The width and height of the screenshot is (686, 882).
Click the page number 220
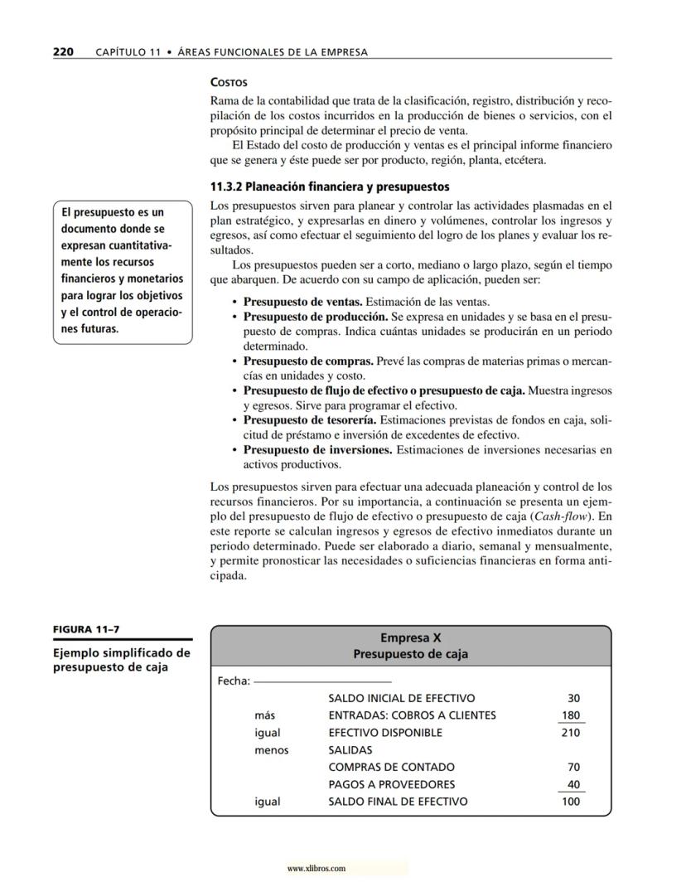(x=63, y=52)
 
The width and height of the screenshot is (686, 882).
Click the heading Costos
(x=229, y=83)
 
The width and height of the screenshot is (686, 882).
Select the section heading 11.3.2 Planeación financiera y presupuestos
(x=330, y=187)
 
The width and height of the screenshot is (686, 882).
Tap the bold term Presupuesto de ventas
(x=302, y=302)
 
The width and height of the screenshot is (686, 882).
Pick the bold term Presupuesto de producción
(x=315, y=317)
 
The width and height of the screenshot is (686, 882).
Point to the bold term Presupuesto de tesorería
(x=311, y=421)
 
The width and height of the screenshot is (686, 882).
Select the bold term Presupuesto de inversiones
(x=317, y=450)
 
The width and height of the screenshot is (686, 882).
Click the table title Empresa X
(x=410, y=637)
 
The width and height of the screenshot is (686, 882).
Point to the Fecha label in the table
(x=233, y=681)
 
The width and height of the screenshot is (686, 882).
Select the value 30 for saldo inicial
(x=573, y=698)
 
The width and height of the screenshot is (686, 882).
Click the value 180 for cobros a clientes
(x=571, y=715)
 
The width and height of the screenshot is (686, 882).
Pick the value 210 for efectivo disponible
(x=571, y=733)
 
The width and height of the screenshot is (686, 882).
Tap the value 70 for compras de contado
(x=573, y=767)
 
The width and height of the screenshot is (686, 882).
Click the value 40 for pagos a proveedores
(x=573, y=784)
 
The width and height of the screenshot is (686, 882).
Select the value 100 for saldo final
(x=571, y=802)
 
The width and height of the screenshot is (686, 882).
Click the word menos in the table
(x=272, y=750)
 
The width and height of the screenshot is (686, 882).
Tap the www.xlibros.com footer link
(x=316, y=869)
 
